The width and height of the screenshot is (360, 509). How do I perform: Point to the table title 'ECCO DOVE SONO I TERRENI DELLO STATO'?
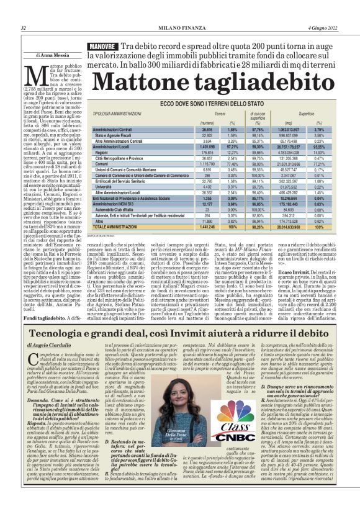(x=214, y=106)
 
